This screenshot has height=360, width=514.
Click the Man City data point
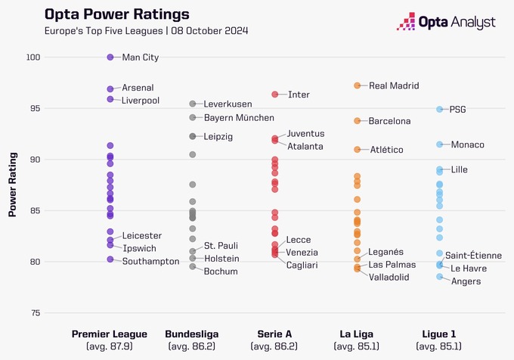pyautogui.click(x=110, y=57)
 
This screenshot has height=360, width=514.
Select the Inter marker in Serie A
pyautogui.click(x=275, y=95)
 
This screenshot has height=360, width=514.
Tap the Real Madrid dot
pyautogui.click(x=357, y=85)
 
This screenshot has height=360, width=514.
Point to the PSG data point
pyautogui.click(x=439, y=109)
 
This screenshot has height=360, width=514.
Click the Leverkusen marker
pyautogui.click(x=193, y=104)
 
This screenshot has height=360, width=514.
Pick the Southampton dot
pyautogui.click(x=110, y=259)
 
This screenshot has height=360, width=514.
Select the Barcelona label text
pyautogui.click(x=389, y=121)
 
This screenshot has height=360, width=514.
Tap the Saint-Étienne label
pyautogui.click(x=473, y=256)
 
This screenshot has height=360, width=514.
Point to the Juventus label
pyautogui.click(x=305, y=134)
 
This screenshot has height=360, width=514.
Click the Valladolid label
pyautogui.click(x=390, y=278)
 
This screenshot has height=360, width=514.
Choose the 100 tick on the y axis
pyautogui.click(x=34, y=57)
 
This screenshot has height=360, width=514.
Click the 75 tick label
pyautogui.click(x=36, y=313)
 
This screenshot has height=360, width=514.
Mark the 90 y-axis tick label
pyautogui.click(x=36, y=160)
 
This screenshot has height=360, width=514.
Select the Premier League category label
pyautogui.click(x=110, y=334)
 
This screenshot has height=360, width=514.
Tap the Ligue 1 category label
pyautogui.click(x=438, y=334)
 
